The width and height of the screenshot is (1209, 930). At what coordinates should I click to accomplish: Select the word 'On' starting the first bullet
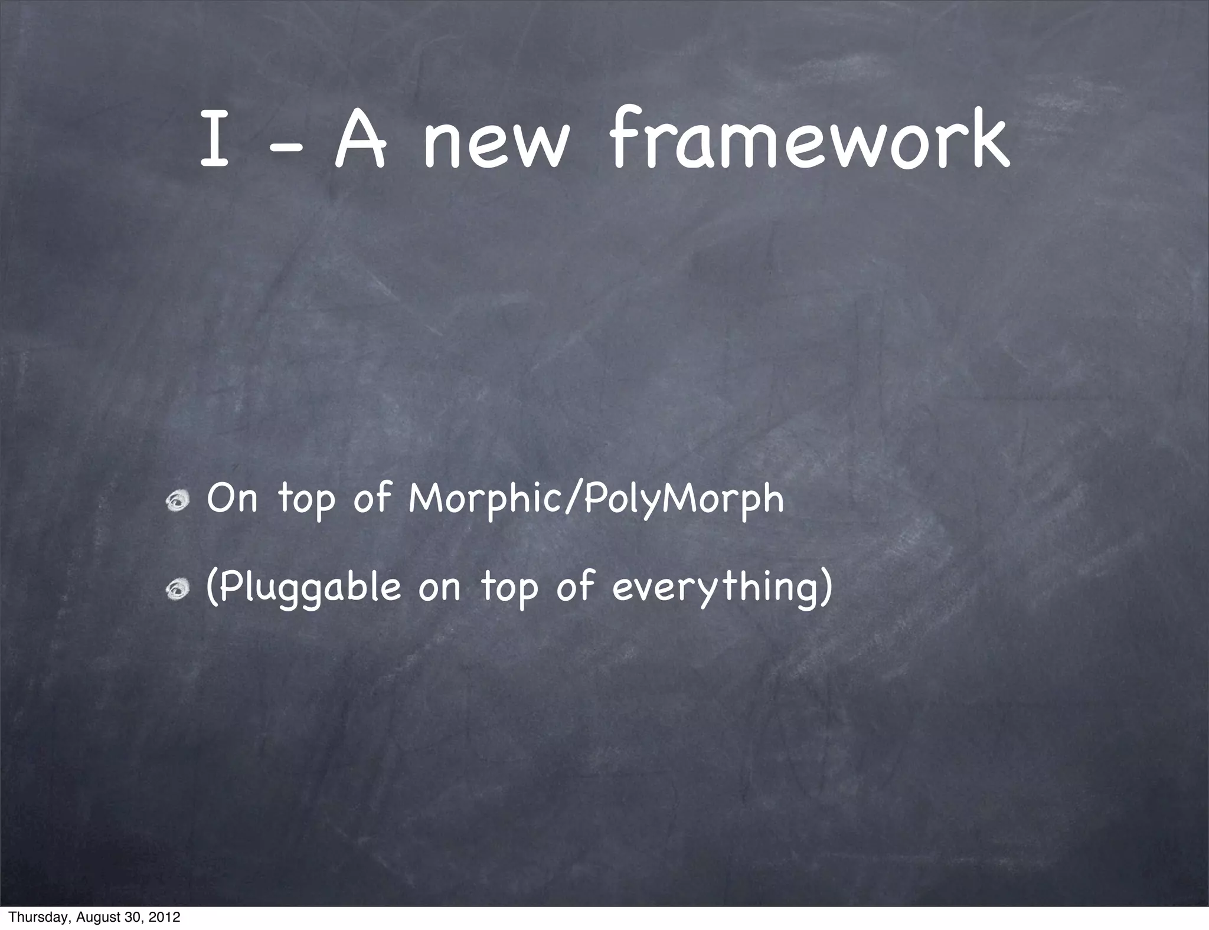[233, 499]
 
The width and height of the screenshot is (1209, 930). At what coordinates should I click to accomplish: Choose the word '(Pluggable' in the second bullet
[303, 588]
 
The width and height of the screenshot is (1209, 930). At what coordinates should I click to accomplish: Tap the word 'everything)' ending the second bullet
[723, 588]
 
